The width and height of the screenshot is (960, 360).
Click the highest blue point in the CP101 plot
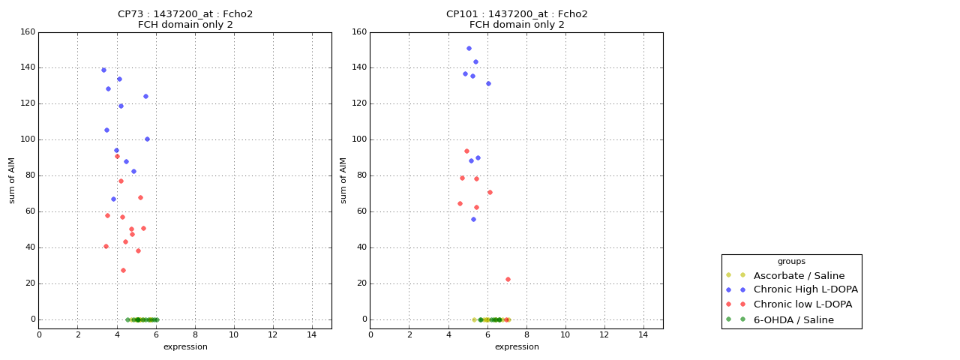pyautogui.click(x=469, y=48)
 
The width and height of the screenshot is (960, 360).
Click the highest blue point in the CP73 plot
pyautogui.click(x=103, y=70)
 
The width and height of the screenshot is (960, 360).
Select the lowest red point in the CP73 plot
pyautogui.click(x=123, y=270)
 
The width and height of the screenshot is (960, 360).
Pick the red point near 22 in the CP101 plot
pyautogui.click(x=508, y=279)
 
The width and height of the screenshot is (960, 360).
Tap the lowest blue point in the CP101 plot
pyautogui.click(x=473, y=219)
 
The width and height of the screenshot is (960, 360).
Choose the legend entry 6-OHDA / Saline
pyautogui.click(x=793, y=319)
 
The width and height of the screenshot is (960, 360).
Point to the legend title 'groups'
pyautogui.click(x=791, y=261)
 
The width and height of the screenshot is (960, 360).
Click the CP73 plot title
pyautogui.click(x=185, y=19)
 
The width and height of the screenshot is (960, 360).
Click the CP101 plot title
pyautogui.click(x=517, y=19)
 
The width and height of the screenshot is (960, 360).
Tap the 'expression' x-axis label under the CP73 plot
pyautogui.click(x=185, y=346)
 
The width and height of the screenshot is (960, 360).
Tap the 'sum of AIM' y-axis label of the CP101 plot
pyautogui.click(x=343, y=180)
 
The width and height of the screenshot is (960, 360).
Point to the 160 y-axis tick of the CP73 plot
pyautogui.click(x=27, y=32)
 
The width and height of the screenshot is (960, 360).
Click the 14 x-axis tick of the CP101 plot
pyautogui.click(x=643, y=334)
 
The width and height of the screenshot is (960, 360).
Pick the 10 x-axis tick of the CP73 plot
pyautogui.click(x=234, y=334)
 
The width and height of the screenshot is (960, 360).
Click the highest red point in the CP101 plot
pyautogui.click(x=466, y=151)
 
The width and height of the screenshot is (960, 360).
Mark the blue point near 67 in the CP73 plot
pyautogui.click(x=113, y=199)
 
